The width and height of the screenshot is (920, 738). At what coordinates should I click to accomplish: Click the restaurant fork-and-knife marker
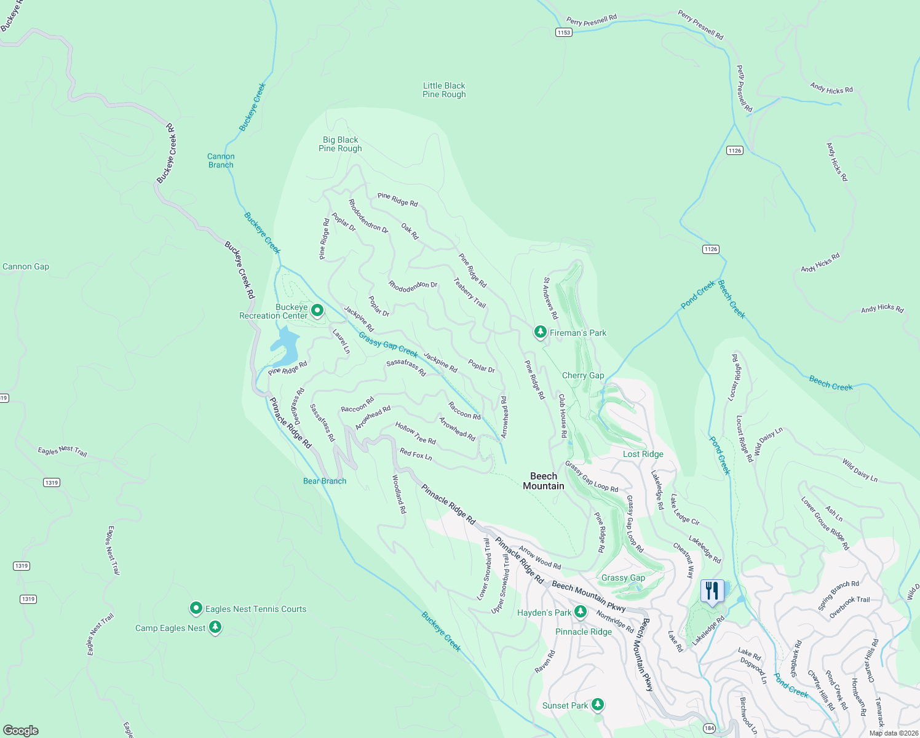[712, 592]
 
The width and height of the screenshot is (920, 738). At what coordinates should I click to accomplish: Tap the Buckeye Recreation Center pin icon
[317, 311]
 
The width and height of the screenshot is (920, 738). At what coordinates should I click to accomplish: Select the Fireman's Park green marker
[540, 332]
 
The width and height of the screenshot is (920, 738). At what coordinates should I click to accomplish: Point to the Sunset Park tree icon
[597, 705]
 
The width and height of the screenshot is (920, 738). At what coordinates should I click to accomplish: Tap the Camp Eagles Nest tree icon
[215, 627]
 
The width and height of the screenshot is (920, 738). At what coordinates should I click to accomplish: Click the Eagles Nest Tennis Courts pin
[196, 608]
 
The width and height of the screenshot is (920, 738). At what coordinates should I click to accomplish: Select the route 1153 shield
[563, 32]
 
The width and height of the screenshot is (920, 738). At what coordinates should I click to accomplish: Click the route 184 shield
[709, 728]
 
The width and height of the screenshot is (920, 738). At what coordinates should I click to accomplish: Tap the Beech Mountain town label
[544, 481]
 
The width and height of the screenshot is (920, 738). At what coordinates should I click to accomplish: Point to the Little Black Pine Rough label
[444, 90]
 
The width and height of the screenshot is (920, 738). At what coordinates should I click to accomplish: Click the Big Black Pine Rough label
[340, 144]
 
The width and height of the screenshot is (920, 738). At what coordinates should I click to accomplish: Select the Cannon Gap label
[26, 266]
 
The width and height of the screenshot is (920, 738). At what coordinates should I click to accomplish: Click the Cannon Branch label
[221, 161]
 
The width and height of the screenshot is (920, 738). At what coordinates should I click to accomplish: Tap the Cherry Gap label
[583, 375]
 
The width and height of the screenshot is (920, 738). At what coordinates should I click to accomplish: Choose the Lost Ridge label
[643, 454]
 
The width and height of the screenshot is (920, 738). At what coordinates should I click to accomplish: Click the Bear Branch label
[325, 481]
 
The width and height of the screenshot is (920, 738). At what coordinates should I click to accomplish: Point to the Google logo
[20, 730]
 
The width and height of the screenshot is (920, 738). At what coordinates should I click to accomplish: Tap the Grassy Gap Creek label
[388, 345]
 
